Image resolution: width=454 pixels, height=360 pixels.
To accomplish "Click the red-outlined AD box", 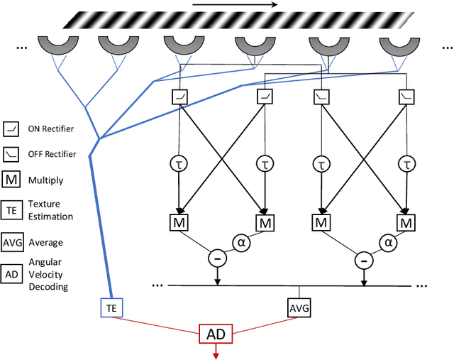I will tap(217, 333).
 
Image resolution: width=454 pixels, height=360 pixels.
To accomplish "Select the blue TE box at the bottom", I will tap(111, 309).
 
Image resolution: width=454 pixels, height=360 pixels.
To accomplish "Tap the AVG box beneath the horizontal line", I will tap(298, 309).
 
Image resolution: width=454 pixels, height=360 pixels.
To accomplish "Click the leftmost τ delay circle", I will tap(180, 163).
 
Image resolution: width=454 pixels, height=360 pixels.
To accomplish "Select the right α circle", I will tap(388, 243).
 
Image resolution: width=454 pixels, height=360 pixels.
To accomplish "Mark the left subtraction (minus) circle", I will tap(217, 259).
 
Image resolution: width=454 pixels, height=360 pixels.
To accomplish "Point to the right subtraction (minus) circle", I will tap(365, 259).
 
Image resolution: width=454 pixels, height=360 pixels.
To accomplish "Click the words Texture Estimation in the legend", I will tap(50, 210).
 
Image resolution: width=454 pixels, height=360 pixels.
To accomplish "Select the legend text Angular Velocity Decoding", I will tap(48, 275).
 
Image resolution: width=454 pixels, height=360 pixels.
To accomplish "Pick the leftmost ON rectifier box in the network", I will tap(180, 96).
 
